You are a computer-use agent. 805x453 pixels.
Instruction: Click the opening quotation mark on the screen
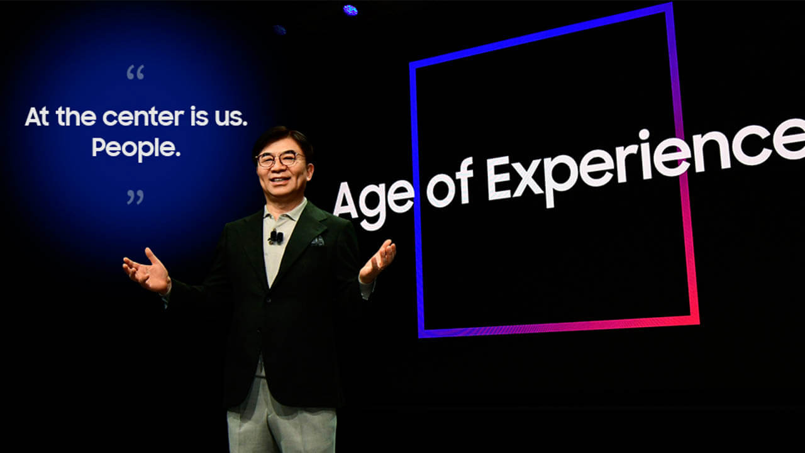[x=135, y=72]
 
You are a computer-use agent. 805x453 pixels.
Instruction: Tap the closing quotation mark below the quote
[x=135, y=198]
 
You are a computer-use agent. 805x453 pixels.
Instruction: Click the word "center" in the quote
[x=143, y=117]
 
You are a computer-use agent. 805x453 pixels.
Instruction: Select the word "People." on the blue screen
[x=136, y=147]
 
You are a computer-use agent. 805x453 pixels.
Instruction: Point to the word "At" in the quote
[x=36, y=116]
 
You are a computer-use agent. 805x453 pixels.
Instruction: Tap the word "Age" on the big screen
[x=374, y=203]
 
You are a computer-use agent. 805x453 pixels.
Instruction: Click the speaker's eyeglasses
[x=280, y=159]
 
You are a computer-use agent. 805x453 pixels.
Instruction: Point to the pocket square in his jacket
[x=318, y=241]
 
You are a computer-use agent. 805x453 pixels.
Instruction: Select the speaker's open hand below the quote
[x=147, y=271]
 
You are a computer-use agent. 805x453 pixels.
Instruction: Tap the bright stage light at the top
[x=350, y=10]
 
